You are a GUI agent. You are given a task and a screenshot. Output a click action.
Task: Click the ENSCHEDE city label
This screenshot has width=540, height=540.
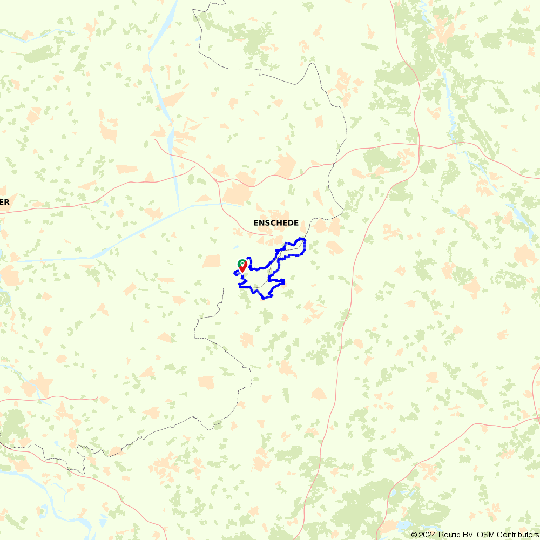pos(276,222)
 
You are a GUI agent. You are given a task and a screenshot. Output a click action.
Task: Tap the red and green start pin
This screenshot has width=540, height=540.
pos(242,266)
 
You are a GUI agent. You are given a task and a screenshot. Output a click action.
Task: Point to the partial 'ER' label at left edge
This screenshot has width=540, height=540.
pos(4,202)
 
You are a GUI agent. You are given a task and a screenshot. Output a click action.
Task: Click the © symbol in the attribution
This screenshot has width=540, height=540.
pos(414,535)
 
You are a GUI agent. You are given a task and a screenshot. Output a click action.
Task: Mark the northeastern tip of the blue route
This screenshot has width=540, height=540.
pos(304,239)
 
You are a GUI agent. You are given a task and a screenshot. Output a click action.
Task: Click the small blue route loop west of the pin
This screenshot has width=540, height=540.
pos(237,273)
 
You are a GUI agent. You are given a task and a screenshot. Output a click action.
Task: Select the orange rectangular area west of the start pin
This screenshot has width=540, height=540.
pos(212,261)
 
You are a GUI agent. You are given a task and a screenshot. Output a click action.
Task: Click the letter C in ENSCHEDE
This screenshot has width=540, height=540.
pos(269,222)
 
